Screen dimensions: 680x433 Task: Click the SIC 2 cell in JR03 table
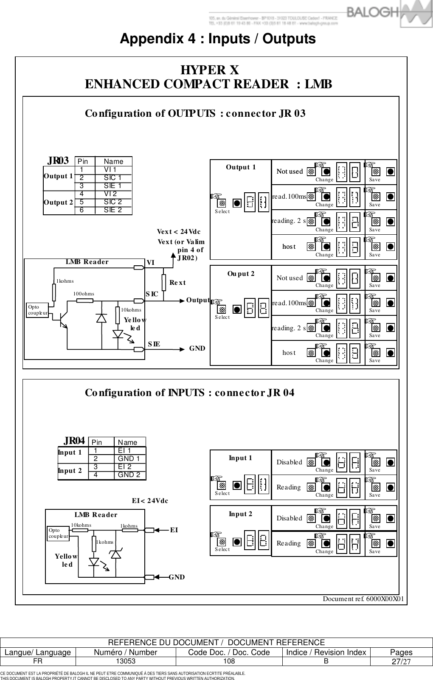coord(113,202)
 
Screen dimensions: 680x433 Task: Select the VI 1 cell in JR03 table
coord(110,169)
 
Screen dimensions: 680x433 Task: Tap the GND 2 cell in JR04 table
coord(129,475)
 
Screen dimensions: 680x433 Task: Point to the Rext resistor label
coord(177,282)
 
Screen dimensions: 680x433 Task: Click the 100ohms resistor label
coord(84,293)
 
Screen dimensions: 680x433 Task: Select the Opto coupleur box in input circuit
coord(58,533)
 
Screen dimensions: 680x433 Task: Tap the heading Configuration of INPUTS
coord(189,393)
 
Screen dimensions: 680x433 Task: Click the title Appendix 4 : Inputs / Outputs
coord(218,39)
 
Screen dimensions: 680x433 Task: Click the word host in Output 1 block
coord(289,247)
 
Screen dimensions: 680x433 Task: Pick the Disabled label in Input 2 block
coord(289,518)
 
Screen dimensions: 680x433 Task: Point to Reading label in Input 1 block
coord(289,487)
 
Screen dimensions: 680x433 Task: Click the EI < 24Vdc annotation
coord(150,501)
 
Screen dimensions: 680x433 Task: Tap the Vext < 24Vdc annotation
coord(178,232)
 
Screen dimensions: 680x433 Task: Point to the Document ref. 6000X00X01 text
coord(363,599)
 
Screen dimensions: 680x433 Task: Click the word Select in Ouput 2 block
coord(222,317)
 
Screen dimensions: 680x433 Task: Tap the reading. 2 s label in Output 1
coord(289,221)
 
